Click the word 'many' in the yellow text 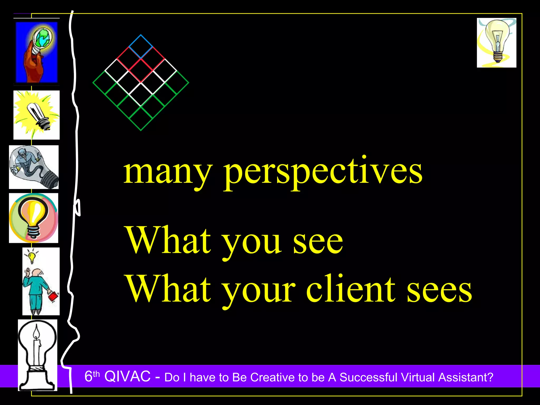tap(168, 173)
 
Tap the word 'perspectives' tap(323, 173)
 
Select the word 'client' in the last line tap(351, 289)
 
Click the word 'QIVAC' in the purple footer tap(127, 376)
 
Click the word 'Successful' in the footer tap(368, 377)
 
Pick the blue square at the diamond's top tap(141, 47)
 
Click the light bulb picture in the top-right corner tap(496, 43)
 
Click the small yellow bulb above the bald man tap(32, 257)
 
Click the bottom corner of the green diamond tap(141, 130)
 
